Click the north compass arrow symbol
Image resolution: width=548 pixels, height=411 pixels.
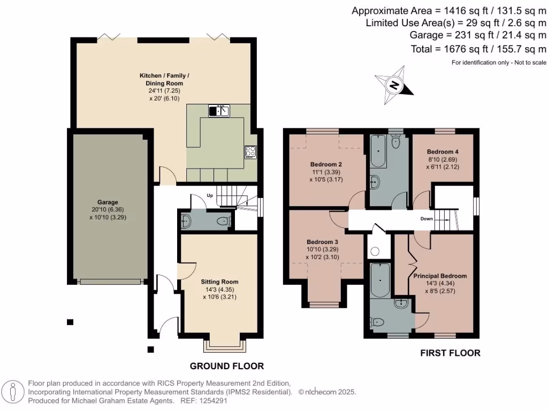pos(394,84)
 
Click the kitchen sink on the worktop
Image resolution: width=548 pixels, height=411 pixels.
pos(219,111)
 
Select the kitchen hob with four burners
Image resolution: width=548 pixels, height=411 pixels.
pos(250,151)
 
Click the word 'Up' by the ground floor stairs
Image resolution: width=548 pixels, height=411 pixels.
pos(210,196)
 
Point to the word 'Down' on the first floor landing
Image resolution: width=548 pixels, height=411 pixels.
pos(427,219)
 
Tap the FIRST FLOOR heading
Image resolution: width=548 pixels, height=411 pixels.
pos(450,353)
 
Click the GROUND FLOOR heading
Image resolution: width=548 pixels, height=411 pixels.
pos(227,366)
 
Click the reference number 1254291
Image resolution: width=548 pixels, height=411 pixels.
pos(211,400)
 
